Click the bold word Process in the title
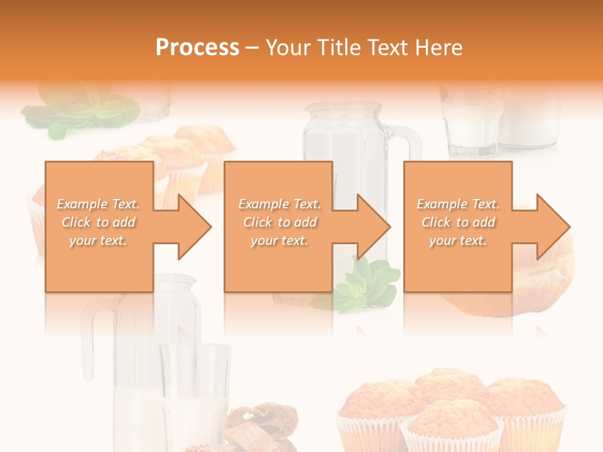pyautogui.click(x=197, y=48)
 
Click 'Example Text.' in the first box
pyautogui.click(x=99, y=204)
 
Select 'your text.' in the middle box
pyautogui.click(x=280, y=240)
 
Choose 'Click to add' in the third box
pyautogui.click(x=459, y=222)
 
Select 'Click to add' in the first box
pyautogui.click(x=99, y=222)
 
